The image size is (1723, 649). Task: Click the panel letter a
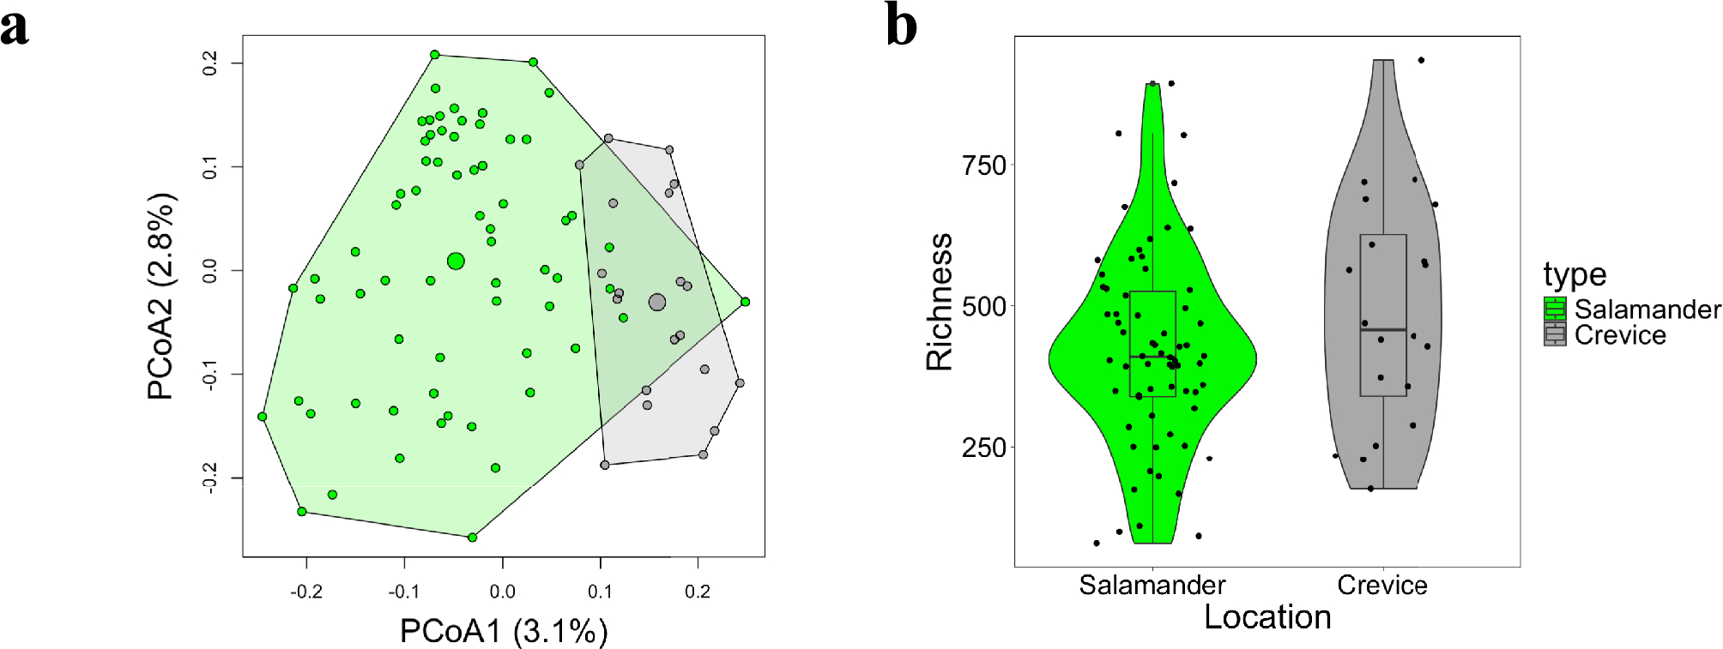pos(15,27)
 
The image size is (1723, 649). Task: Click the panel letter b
pos(901,26)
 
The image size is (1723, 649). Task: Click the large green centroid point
pos(456,261)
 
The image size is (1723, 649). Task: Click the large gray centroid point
pos(657,302)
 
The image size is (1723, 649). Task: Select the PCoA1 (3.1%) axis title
pos(504,632)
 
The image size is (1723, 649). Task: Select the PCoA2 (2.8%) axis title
pos(161,296)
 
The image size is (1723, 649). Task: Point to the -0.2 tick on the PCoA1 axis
pos(305,592)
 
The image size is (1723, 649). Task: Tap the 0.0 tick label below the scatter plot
pos(502,592)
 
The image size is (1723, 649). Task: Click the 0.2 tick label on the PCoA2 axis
pos(210,63)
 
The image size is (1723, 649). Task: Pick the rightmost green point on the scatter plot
pos(745,302)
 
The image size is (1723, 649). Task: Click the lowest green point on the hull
pos(472,538)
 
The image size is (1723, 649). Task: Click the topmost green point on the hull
pos(435,55)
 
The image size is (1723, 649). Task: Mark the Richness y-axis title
pos(940,302)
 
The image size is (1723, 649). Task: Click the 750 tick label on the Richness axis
pos(983,165)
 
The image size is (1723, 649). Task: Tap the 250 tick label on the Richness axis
pos(983,448)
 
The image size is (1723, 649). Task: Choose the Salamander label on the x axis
pos(1152,586)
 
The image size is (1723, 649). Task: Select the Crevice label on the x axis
pos(1381,586)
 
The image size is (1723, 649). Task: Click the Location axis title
pos(1267,617)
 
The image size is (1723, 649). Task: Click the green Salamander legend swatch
pos(1555,309)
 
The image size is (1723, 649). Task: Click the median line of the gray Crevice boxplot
pos(1383,329)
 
